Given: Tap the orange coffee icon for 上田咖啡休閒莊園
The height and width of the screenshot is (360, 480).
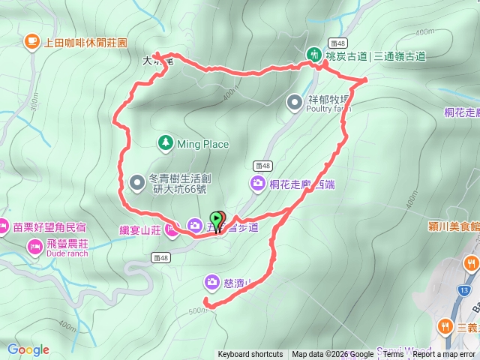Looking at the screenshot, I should click(x=31, y=41).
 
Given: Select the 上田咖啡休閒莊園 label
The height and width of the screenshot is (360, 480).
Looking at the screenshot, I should click(x=86, y=42).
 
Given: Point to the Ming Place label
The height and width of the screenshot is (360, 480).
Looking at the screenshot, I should click(x=203, y=143).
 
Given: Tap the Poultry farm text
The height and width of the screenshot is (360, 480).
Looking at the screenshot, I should click(x=328, y=108).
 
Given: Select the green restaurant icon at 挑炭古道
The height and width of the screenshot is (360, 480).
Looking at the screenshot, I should click(x=313, y=55).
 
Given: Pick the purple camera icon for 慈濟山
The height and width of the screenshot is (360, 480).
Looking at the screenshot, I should click(x=212, y=282).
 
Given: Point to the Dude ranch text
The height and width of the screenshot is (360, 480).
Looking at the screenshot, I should click(x=67, y=253).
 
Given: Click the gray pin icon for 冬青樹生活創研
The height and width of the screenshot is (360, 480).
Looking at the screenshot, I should click(x=136, y=181).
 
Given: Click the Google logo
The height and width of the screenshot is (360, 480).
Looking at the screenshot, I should click(x=28, y=349).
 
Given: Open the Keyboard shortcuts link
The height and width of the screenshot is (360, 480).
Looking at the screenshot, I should click(x=250, y=355).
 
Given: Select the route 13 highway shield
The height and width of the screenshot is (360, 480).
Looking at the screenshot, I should click(x=465, y=289).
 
